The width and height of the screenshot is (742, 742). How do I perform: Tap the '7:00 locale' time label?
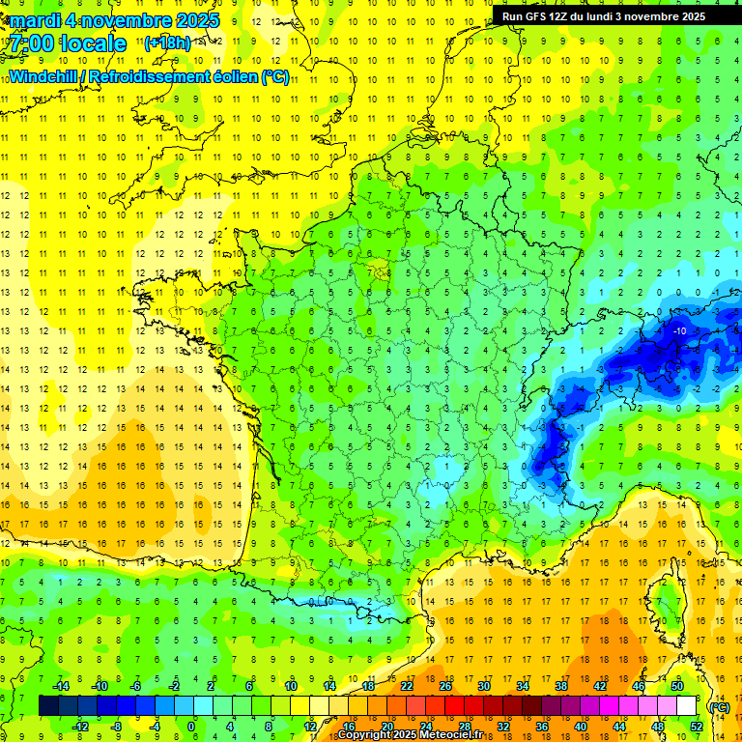tap(68, 43)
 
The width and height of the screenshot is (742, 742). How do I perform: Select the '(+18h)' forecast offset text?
tap(167, 43)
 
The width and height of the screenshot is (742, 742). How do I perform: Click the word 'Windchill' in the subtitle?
tap(47, 76)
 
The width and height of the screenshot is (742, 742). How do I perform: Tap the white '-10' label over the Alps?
tap(679, 331)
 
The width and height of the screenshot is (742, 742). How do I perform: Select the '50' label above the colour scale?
tap(677, 685)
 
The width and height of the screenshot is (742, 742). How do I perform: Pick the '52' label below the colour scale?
tap(696, 727)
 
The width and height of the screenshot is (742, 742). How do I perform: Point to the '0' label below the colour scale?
tap(192, 727)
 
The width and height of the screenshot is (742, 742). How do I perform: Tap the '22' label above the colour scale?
tap(407, 685)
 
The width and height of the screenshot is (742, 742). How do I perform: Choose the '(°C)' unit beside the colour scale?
tap(720, 706)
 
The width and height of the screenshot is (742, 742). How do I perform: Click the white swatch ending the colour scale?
tap(686, 705)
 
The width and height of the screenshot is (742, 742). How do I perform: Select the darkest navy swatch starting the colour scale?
tap(48, 705)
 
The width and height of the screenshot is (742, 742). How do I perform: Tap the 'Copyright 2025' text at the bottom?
tap(377, 735)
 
